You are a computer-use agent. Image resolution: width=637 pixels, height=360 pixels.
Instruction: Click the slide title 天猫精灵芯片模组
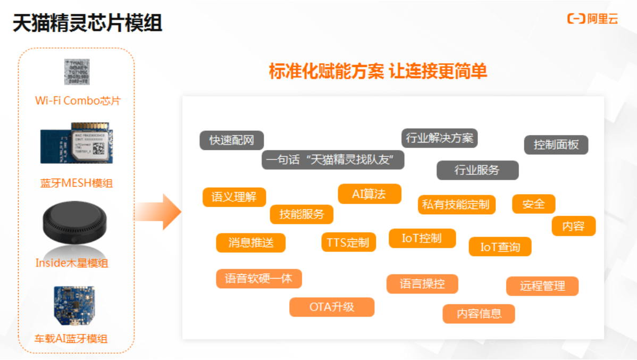coord(87,23)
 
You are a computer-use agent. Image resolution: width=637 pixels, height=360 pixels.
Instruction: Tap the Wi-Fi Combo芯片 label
coord(78,101)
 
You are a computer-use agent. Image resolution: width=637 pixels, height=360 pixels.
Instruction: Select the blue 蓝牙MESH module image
coord(77,146)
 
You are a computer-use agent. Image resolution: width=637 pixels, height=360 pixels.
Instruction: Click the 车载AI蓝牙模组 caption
coord(71,339)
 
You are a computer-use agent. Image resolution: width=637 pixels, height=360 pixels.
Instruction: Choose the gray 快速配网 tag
coord(231,140)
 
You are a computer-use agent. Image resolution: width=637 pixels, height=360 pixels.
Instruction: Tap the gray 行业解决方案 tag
coord(439,138)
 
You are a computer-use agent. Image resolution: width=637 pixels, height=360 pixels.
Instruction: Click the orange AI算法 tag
coord(369,194)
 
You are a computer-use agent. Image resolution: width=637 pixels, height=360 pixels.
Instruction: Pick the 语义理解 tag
coord(234,197)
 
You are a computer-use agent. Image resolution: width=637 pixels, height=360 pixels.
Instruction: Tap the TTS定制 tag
coord(348,242)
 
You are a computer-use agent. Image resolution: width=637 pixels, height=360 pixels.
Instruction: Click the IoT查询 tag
coord(500,247)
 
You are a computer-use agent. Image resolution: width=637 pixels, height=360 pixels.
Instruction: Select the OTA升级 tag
coord(332,307)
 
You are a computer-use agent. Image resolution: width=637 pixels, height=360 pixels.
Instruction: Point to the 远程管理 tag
coord(542,286)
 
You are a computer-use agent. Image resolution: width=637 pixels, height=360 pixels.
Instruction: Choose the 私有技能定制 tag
coord(456,205)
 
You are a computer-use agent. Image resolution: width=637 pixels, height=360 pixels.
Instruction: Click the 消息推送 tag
coord(250,243)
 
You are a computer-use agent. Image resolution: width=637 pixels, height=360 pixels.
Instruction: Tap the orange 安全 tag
coord(533,204)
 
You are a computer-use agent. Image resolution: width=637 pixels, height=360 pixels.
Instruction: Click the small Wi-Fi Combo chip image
coord(77,72)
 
